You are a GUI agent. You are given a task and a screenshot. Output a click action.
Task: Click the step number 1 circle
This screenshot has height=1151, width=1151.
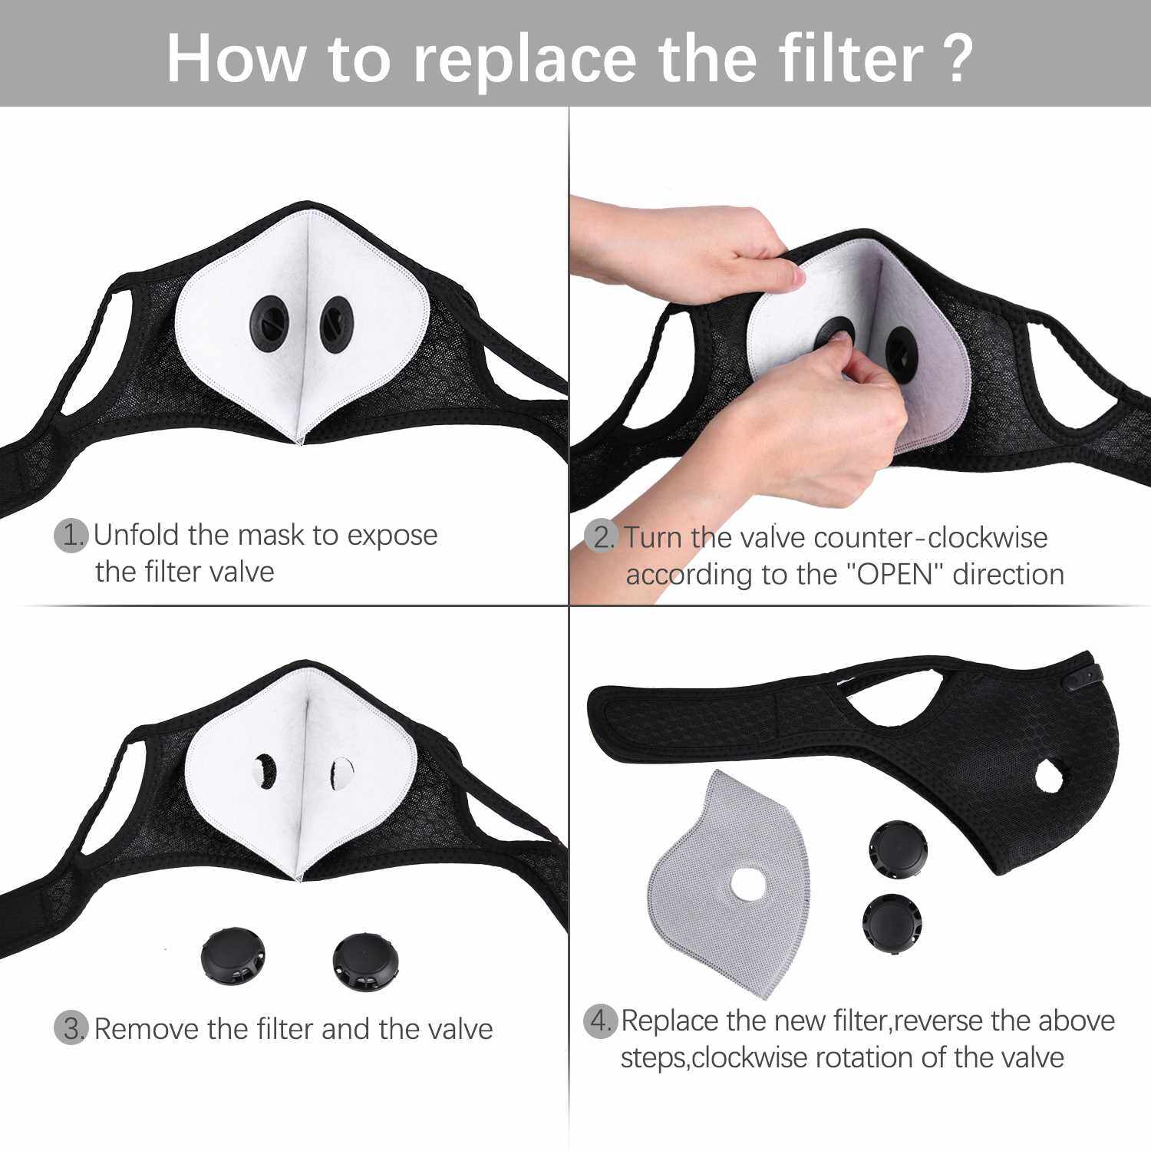point(71,535)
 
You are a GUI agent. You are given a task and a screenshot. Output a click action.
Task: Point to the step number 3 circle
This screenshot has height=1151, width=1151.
point(71,1028)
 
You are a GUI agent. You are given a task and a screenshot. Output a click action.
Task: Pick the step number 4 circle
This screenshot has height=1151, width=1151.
point(601,1021)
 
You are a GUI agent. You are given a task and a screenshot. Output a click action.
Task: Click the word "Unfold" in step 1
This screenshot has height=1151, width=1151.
point(136,535)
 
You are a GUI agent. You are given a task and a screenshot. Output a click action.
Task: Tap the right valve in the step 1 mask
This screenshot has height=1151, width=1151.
point(335,325)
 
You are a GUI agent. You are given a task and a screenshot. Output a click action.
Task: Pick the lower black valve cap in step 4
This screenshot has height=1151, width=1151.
point(891,923)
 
